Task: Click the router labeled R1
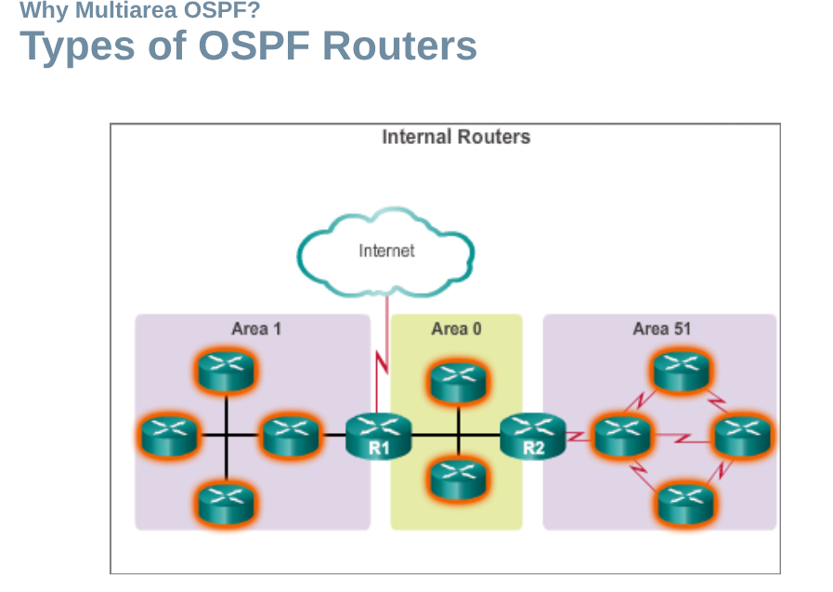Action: [378, 436]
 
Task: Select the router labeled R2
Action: [533, 436]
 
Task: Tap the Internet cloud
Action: [385, 252]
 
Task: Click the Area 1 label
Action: [256, 329]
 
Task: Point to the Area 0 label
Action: [456, 329]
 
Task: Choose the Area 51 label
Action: [662, 329]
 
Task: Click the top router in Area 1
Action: [227, 371]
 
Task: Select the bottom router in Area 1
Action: [227, 503]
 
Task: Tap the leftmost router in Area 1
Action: [169, 435]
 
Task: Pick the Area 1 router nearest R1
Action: [291, 435]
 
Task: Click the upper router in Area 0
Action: [458, 382]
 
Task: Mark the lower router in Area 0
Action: [458, 480]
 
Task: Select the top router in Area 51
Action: [682, 371]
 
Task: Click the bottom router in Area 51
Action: [685, 503]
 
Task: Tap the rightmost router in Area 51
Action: [743, 436]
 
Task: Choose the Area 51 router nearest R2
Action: [622, 436]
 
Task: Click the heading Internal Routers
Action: [456, 138]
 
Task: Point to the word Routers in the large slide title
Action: [399, 46]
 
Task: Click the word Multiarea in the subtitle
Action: [126, 9]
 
